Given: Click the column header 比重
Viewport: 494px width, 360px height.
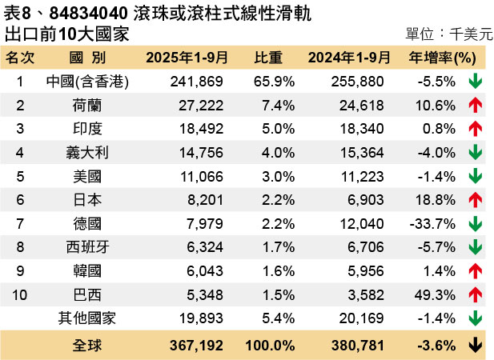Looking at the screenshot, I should (x=268, y=58).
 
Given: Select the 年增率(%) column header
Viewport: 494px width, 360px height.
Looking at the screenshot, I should (x=443, y=58).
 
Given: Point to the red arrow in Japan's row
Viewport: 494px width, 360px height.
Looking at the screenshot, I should (x=475, y=199).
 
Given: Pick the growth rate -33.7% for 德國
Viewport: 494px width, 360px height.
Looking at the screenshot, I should (x=435, y=223).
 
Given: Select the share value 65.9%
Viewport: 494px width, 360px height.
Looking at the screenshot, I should (x=275, y=81).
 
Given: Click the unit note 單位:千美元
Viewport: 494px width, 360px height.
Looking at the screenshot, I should (x=445, y=34).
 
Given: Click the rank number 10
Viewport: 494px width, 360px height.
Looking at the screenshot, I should (x=20, y=294).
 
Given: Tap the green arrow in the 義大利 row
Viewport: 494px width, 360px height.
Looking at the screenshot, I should (x=475, y=152).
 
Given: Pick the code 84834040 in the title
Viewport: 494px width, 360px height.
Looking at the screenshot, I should (x=82, y=14).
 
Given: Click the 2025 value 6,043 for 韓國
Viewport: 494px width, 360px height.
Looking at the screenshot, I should (x=206, y=270).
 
